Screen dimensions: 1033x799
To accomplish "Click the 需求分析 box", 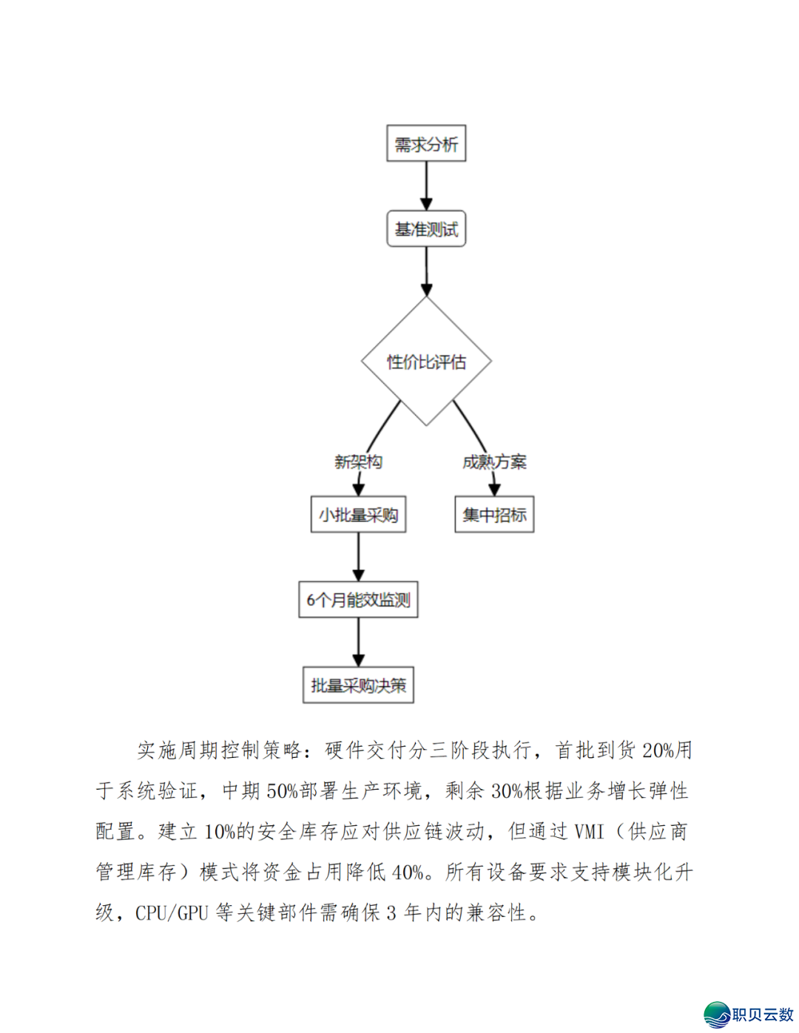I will (x=426, y=143).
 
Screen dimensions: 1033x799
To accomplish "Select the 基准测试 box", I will (x=426, y=228).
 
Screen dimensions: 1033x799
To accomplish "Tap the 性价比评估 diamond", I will (x=426, y=361).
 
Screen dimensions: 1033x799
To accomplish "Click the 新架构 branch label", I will (x=358, y=462).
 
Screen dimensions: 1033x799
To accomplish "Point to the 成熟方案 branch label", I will (x=494, y=462).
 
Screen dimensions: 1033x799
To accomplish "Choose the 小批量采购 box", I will (x=358, y=515).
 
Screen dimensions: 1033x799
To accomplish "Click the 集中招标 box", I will (x=494, y=515).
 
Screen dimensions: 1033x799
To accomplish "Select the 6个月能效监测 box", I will (x=358, y=600).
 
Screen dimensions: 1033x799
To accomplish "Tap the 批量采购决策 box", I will (x=358, y=685).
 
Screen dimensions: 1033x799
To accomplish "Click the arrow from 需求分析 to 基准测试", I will (x=426, y=186).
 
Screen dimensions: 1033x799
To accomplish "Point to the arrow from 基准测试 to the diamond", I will (x=426, y=271).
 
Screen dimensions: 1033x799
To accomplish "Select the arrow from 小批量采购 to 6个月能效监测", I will (x=358, y=557).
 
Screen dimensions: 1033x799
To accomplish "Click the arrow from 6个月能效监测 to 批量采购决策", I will (x=358, y=642).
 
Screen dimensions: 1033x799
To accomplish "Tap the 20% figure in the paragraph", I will (x=658, y=751).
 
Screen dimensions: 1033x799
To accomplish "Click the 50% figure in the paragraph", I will (x=283, y=791).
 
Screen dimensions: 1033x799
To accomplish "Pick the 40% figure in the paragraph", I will (x=408, y=873).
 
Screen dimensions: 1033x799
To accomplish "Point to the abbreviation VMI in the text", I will (x=589, y=832).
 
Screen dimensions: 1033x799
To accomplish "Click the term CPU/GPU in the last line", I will (x=172, y=913).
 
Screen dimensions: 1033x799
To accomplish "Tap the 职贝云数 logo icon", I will (x=716, y=1015).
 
